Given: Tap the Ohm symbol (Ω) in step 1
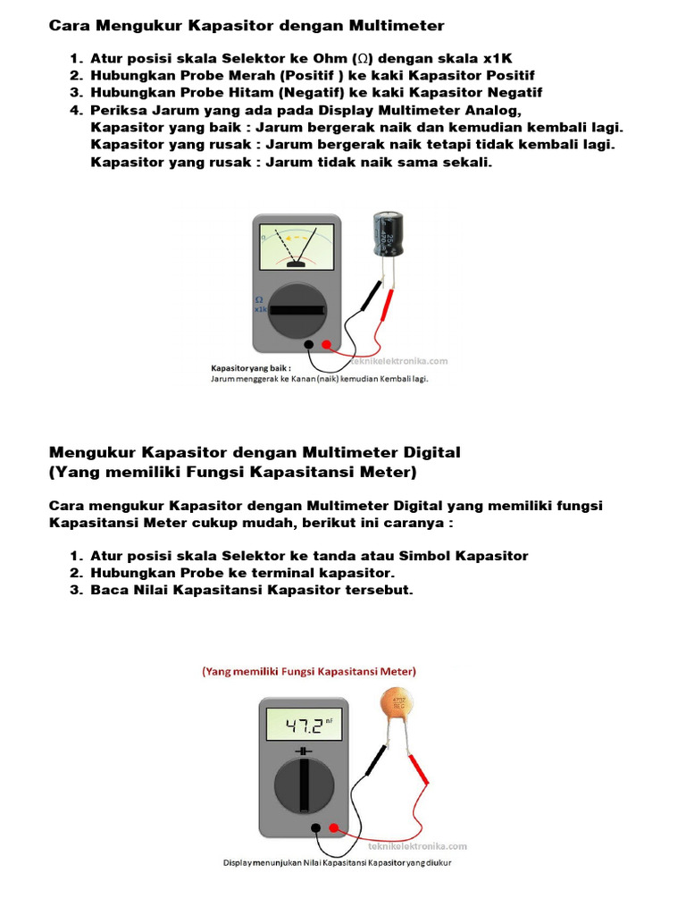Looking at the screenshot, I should pos(358,59).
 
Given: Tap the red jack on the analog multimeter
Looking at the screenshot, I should pos(327,344).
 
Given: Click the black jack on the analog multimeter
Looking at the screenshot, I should pos(308,344).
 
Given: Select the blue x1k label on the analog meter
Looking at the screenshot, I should pos(261,309).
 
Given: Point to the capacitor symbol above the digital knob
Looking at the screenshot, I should pos(305,751).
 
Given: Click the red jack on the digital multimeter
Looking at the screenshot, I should pos(334,828).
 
